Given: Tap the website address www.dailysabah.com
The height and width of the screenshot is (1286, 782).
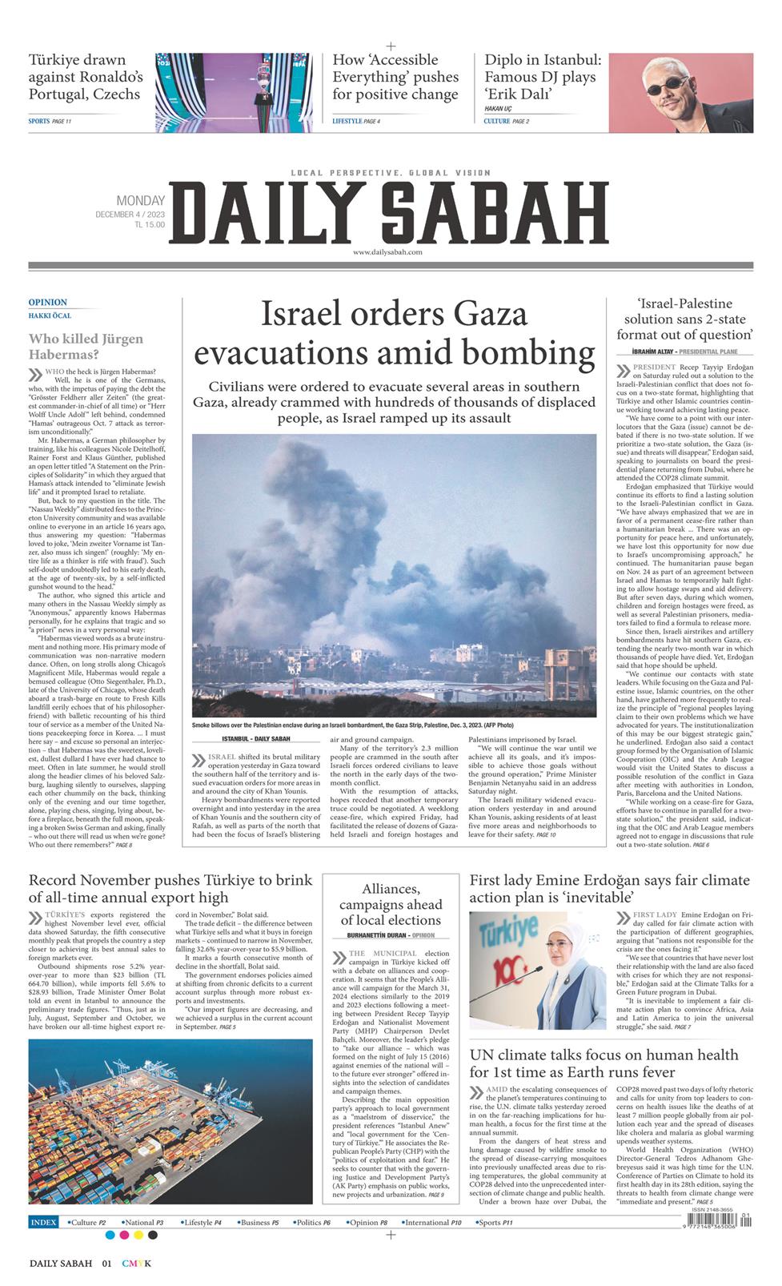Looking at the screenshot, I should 387,251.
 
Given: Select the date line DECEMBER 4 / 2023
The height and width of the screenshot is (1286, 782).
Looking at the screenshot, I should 130,214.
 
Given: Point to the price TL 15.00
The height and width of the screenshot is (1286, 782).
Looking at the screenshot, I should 150,225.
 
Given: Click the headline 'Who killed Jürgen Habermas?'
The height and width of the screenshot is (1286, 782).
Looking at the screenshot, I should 86,346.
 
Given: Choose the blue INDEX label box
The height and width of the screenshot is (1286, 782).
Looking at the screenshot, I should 44,1223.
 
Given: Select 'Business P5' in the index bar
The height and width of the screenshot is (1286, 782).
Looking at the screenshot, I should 260,1223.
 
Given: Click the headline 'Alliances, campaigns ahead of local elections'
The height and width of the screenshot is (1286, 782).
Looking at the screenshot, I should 391,904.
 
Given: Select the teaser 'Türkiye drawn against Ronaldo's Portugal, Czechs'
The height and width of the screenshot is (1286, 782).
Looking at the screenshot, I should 86,77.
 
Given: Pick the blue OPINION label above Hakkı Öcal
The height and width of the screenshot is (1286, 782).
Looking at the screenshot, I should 48,303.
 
